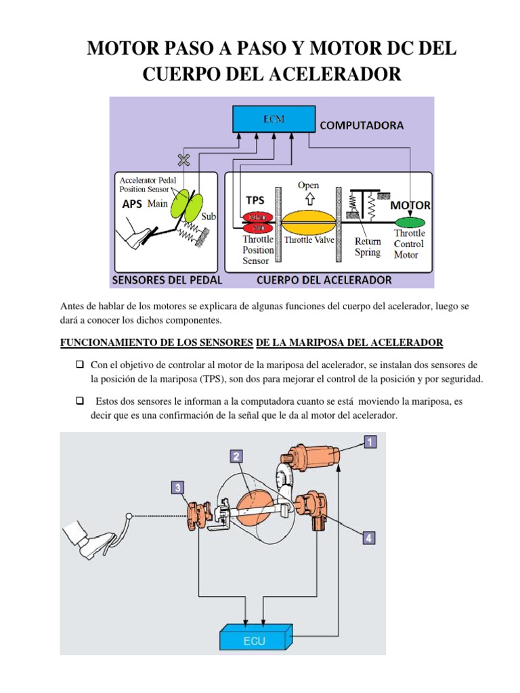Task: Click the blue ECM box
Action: point(274,120)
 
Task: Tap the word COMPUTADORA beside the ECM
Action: point(362,125)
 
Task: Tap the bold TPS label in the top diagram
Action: point(255,200)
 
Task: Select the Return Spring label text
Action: point(368,247)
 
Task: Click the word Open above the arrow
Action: point(308,185)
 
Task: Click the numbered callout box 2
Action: point(236,456)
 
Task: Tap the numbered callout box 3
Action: point(177,487)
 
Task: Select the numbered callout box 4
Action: point(368,538)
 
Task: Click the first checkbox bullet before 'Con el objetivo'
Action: point(79,365)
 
